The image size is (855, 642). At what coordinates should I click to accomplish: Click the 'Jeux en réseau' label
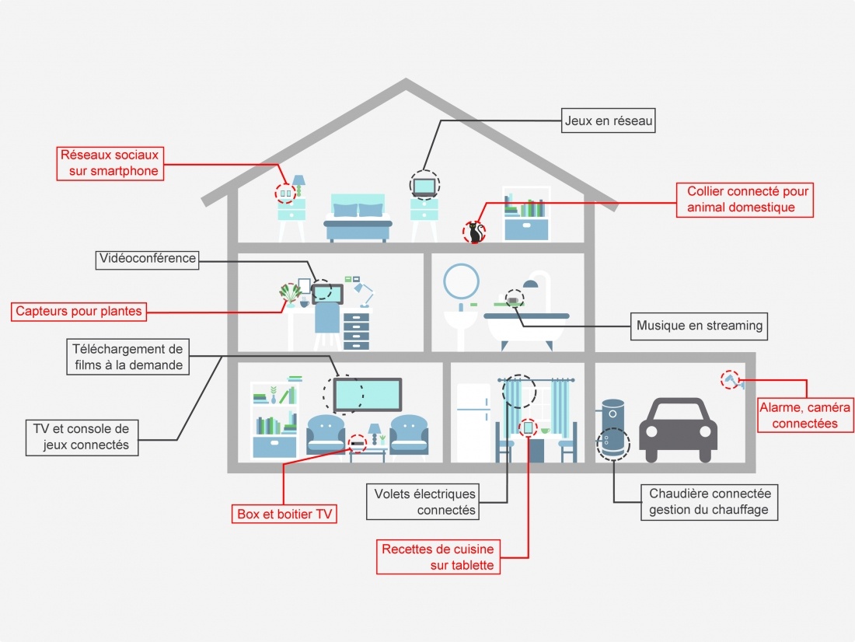(609, 120)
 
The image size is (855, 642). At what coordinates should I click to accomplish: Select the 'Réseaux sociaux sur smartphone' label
(110, 163)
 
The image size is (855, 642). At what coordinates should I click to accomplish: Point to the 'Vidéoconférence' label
(148, 259)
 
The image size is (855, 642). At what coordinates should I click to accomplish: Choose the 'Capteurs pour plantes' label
(79, 312)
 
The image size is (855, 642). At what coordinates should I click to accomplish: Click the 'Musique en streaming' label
(699, 326)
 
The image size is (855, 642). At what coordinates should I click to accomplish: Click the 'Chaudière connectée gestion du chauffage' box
(710, 502)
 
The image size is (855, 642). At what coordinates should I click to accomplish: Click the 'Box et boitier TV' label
(284, 515)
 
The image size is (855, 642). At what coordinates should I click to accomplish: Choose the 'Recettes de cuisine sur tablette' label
(437, 557)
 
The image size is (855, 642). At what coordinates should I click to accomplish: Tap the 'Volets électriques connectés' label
(424, 502)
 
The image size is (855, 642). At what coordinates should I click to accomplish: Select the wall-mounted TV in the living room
(368, 395)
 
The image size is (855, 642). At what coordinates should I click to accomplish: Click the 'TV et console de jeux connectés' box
(82, 437)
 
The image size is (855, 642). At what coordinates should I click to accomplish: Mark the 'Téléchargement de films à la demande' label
(126, 358)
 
